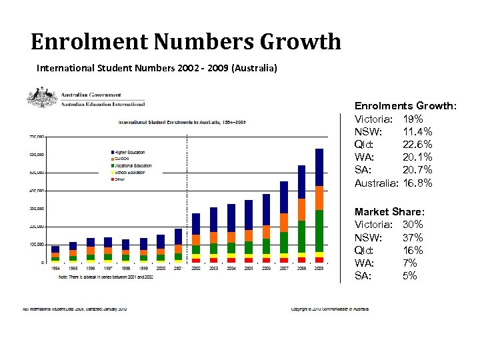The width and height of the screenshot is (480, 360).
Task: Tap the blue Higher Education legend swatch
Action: point(113,152)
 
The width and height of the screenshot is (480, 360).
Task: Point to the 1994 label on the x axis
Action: point(55,268)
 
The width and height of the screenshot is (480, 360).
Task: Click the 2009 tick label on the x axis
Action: point(319,268)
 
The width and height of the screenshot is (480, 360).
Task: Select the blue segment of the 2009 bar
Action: point(319,167)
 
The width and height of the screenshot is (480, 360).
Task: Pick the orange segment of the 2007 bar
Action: point(284,223)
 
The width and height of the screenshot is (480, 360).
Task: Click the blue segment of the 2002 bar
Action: point(196,224)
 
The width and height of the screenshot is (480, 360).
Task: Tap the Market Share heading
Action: point(389,211)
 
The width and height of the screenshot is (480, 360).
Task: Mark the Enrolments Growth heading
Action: point(405,106)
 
